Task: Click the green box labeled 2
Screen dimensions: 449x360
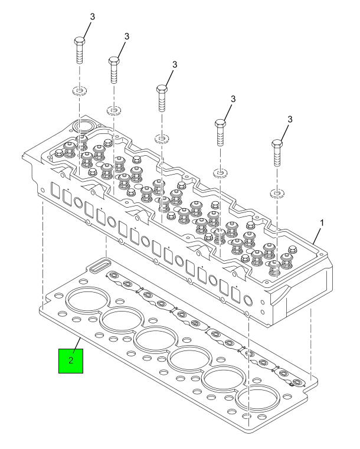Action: point(71,360)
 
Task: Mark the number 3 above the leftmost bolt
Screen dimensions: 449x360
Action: point(92,16)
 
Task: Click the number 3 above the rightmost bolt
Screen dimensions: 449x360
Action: point(289,120)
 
